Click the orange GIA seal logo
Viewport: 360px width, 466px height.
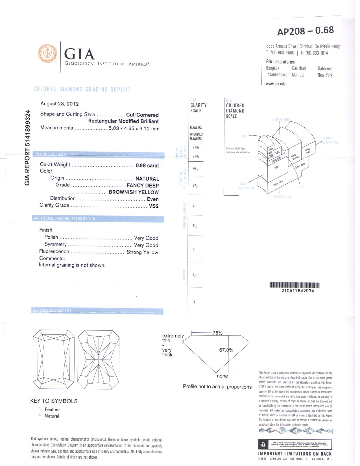pyautogui.click(x=47, y=53)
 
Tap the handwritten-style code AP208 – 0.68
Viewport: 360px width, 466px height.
pyautogui.click(x=305, y=31)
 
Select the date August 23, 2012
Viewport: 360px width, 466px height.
pyautogui.click(x=60, y=104)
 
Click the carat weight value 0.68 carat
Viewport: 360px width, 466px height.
pyautogui.click(x=147, y=166)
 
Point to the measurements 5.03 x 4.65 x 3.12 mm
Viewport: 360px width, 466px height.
pyautogui.click(x=134, y=129)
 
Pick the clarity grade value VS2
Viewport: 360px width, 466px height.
pyautogui.click(x=154, y=206)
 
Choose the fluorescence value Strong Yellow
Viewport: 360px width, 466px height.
pyautogui.click(x=142, y=252)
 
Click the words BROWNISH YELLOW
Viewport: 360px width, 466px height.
pyautogui.click(x=134, y=192)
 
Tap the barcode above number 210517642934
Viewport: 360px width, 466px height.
pyautogui.click(x=294, y=285)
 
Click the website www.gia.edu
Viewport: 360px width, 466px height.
pyautogui.click(x=276, y=84)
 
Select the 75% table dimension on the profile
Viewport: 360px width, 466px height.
pyautogui.click(x=217, y=333)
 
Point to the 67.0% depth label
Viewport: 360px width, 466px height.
pyautogui.click(x=226, y=350)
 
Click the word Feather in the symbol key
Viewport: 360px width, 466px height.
pyautogui.click(x=52, y=409)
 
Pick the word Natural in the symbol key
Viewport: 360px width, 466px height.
pyautogui.click(x=52, y=416)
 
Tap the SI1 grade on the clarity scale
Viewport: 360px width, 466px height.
pyautogui.click(x=195, y=205)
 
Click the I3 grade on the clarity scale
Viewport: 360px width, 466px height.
pyautogui.click(x=194, y=301)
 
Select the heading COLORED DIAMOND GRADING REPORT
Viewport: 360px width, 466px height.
pyautogui.click(x=82, y=89)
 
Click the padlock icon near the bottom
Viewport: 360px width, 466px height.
pyautogui.click(x=263, y=444)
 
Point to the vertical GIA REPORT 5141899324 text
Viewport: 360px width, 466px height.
pyautogui.click(x=27, y=148)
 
